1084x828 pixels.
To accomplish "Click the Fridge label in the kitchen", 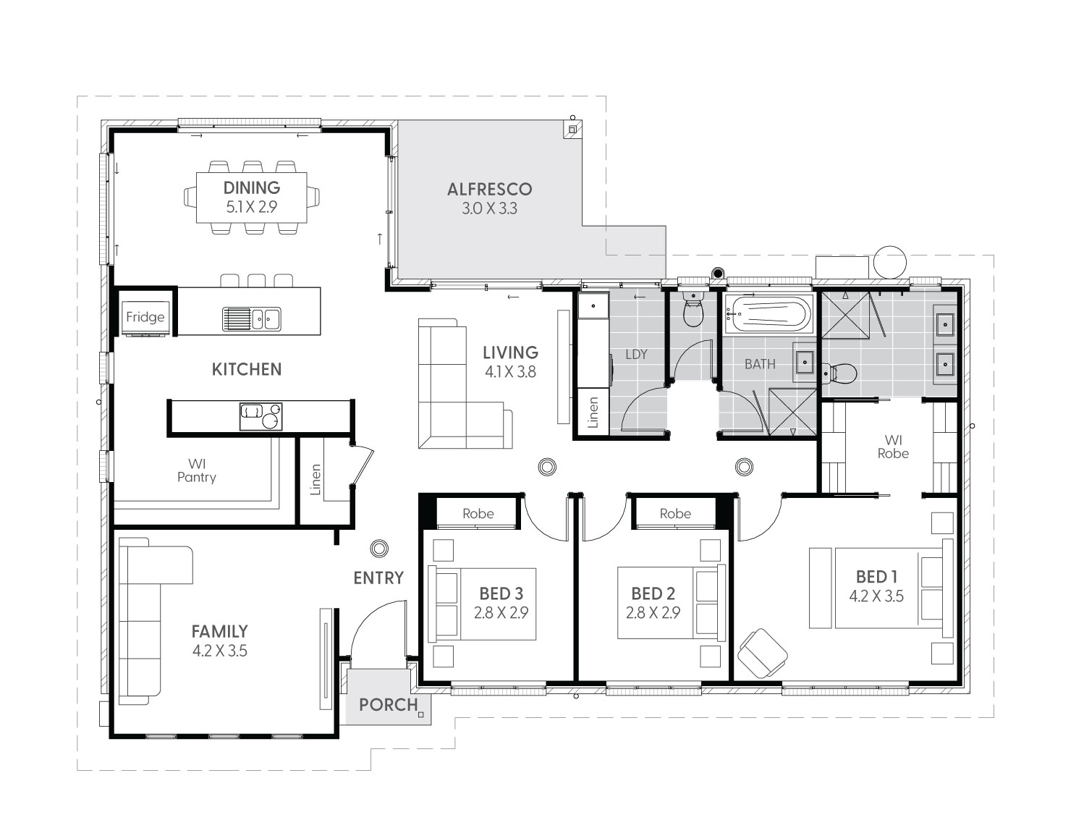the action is click(x=145, y=316).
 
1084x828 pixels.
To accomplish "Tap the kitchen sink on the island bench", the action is click(x=251, y=318).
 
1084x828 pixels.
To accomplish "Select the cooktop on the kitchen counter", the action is click(x=261, y=416).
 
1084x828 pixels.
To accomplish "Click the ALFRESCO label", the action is click(x=489, y=189).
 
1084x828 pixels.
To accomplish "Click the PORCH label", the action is click(x=388, y=704).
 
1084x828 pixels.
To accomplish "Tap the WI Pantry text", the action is click(x=197, y=470).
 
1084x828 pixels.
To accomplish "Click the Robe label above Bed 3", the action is click(x=478, y=513).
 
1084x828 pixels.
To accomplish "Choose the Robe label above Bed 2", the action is click(x=675, y=513).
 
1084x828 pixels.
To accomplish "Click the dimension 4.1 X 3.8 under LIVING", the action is click(x=510, y=372).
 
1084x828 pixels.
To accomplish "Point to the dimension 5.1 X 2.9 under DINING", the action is click(x=251, y=207).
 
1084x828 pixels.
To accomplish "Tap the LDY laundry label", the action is click(x=636, y=354).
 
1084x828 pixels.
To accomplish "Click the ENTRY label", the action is click(x=378, y=578).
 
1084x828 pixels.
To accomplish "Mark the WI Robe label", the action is click(x=893, y=447).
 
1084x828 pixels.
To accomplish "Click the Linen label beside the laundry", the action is click(x=593, y=413).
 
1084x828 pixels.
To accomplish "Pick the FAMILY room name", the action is click(x=219, y=631).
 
